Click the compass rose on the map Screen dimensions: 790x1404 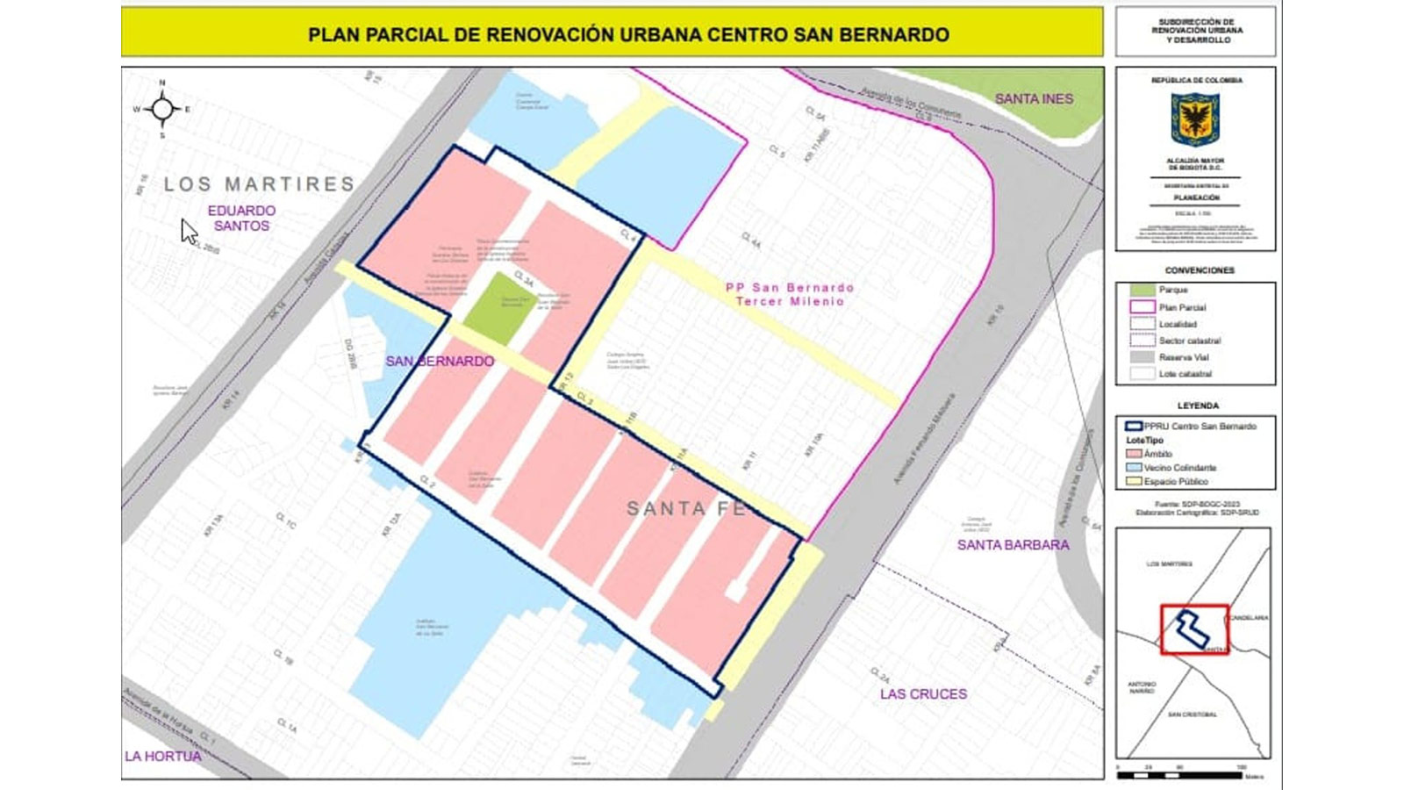[x=162, y=110]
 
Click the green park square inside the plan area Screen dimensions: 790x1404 [x=501, y=307]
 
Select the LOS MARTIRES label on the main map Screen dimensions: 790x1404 [x=260, y=184]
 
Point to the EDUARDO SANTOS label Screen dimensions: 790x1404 [x=241, y=218]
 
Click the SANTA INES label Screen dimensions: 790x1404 [x=1034, y=99]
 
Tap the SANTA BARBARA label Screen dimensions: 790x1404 [x=1013, y=545]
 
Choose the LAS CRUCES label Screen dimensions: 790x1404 [x=923, y=694]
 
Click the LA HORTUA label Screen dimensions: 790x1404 [x=163, y=757]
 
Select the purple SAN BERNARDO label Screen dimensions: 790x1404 [x=440, y=361]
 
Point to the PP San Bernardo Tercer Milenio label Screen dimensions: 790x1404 [x=790, y=294]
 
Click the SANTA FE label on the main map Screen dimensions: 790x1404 [x=685, y=509]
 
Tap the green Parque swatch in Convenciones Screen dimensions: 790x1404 [x=1142, y=290]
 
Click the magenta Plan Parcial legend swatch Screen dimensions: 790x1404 [x=1142, y=307]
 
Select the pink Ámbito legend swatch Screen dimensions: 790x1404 [x=1134, y=454]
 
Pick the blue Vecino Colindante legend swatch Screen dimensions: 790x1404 [x=1134, y=468]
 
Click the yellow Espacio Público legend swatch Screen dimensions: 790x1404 [x=1134, y=482]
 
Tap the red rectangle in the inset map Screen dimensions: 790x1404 [x=1193, y=629]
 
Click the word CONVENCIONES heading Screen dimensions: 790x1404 [x=1199, y=270]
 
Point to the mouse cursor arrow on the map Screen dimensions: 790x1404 [x=188, y=231]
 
